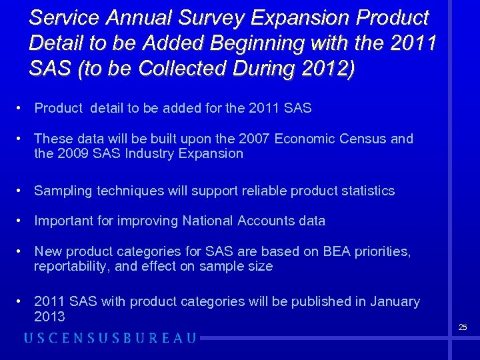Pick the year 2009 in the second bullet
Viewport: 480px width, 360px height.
[x=74, y=153]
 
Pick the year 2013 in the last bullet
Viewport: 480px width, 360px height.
[x=49, y=316]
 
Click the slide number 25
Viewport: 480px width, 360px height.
[x=463, y=327]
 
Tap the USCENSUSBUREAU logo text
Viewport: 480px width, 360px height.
[x=110, y=338]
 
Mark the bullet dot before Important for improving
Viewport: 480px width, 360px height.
[x=22, y=221]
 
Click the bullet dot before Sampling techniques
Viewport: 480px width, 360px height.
[x=22, y=191]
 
